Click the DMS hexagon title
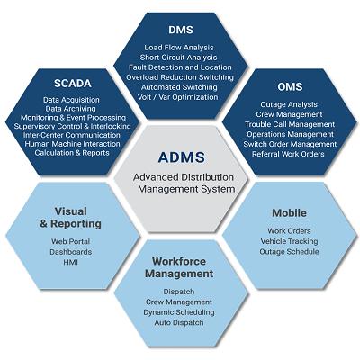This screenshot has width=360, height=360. coord(181,30)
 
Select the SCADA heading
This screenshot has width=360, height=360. coord(73,84)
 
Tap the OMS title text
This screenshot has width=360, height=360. coord(290,86)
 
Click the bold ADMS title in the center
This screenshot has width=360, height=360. coord(182,157)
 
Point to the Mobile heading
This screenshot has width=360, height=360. coord(289,213)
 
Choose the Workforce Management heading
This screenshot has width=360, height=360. coord(179,267)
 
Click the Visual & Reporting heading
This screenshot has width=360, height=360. coord(71,218)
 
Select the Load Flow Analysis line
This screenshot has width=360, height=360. coord(179,48)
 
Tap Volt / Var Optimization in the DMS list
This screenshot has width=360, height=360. coord(178,97)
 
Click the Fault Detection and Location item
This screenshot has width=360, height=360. coord(180,67)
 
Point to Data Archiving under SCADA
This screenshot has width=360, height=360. coord(70,109)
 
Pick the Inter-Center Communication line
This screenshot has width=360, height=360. coord(72,135)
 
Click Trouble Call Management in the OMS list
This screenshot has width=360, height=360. coord(290,124)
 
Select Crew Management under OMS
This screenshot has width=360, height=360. coord(289,114)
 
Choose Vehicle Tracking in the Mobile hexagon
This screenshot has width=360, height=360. coord(289,241)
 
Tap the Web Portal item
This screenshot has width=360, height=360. coord(70,241)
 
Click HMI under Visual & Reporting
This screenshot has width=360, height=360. coord(70,262)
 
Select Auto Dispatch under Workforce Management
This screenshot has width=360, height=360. coord(179,323)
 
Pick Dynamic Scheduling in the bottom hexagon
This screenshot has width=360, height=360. coord(179,312)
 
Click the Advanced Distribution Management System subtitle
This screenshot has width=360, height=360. coord(184,184)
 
